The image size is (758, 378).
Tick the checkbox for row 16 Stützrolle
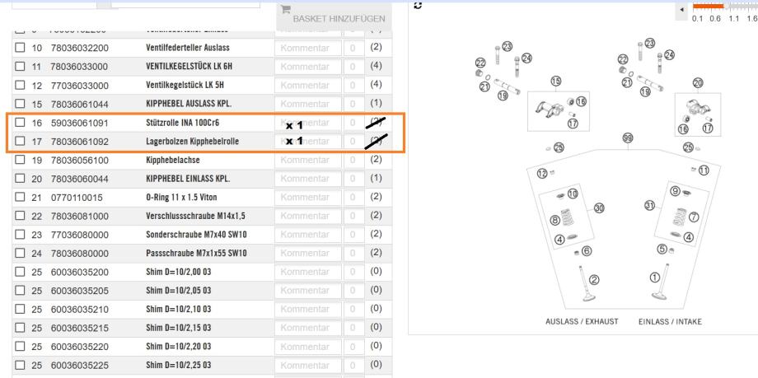pyautogui.click(x=19, y=123)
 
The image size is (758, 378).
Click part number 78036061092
pyautogui.click(x=81, y=141)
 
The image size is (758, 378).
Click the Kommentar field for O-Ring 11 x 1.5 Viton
pyautogui.click(x=306, y=198)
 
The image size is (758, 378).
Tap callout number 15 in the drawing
pyautogui.click(x=556, y=81)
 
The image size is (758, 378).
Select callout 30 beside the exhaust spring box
pyautogui.click(x=599, y=208)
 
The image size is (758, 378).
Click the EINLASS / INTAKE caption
pyautogui.click(x=669, y=321)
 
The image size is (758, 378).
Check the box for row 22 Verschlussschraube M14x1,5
pyautogui.click(x=19, y=216)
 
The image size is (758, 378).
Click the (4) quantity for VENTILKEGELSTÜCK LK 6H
pyautogui.click(x=376, y=67)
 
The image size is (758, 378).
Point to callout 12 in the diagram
pyautogui.click(x=542, y=173)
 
